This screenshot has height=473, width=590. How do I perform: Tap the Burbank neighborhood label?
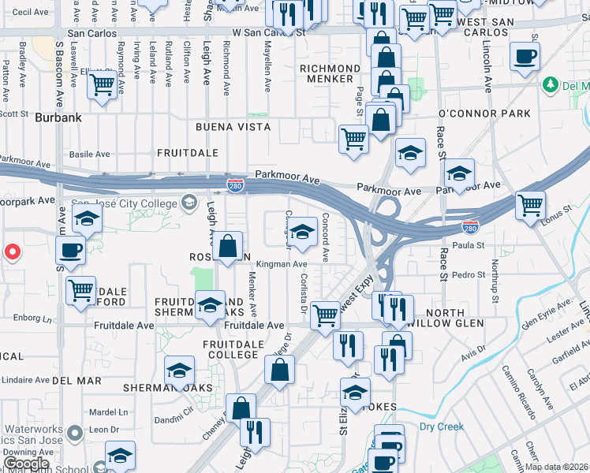tap(58, 117)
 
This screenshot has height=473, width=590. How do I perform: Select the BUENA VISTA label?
tap(233, 126)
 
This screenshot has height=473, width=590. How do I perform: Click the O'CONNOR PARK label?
tap(484, 114)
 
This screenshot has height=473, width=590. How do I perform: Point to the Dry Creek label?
tap(442, 427)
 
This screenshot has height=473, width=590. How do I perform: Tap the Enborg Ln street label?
tap(32, 319)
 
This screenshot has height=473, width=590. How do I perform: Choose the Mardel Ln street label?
tap(108, 412)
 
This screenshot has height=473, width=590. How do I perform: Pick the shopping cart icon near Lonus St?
tap(530, 205)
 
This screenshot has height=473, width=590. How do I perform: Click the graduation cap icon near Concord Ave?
tap(301, 232)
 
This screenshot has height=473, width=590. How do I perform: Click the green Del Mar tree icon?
tap(551, 85)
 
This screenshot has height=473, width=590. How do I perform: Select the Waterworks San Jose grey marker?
tap(75, 432)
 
